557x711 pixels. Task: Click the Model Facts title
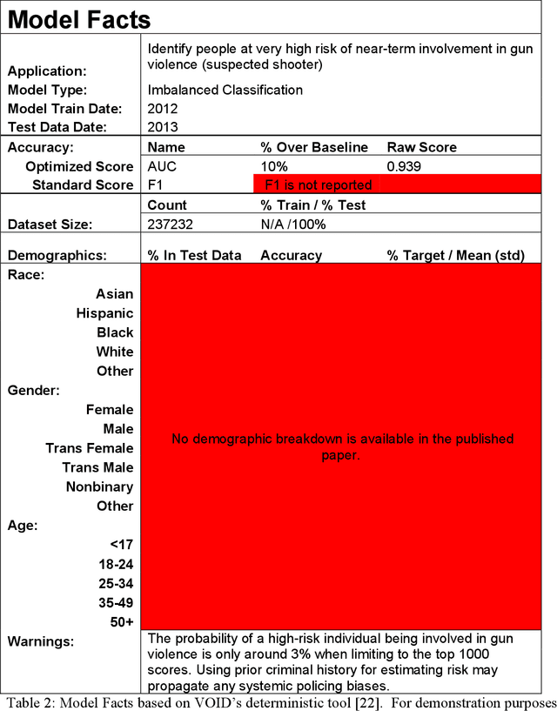pos(79,19)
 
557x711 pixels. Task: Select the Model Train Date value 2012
pos(163,109)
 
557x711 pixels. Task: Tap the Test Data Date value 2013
pos(163,127)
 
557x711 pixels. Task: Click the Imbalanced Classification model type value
pos(225,90)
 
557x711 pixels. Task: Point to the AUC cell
pos(162,166)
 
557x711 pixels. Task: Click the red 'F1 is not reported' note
pos(319,184)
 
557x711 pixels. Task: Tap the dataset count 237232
pos(171,224)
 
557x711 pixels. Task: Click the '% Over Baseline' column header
pos(314,147)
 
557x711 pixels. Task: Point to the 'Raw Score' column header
pos(422,147)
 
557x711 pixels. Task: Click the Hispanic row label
pos(104,313)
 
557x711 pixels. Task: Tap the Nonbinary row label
pos(99,486)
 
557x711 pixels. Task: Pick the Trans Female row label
pos(90,448)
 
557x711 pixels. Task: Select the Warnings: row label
pos(41,641)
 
